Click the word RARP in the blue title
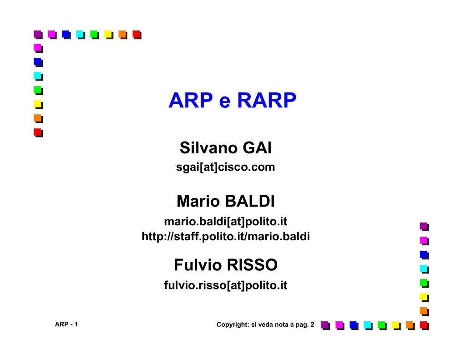(267, 100)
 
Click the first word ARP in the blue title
(191, 100)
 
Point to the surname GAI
(257, 148)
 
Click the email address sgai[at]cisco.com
(226, 167)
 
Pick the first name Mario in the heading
(198, 201)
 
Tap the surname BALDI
(250, 201)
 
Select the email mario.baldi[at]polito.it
(226, 222)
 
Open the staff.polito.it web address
(226, 237)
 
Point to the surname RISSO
(252, 265)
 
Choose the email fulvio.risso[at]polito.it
(226, 285)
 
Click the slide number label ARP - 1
(66, 324)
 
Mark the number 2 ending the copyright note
(312, 325)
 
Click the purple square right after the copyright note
(325, 325)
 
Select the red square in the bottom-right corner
(424, 325)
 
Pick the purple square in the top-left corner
(38, 34)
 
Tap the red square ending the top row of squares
(137, 35)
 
